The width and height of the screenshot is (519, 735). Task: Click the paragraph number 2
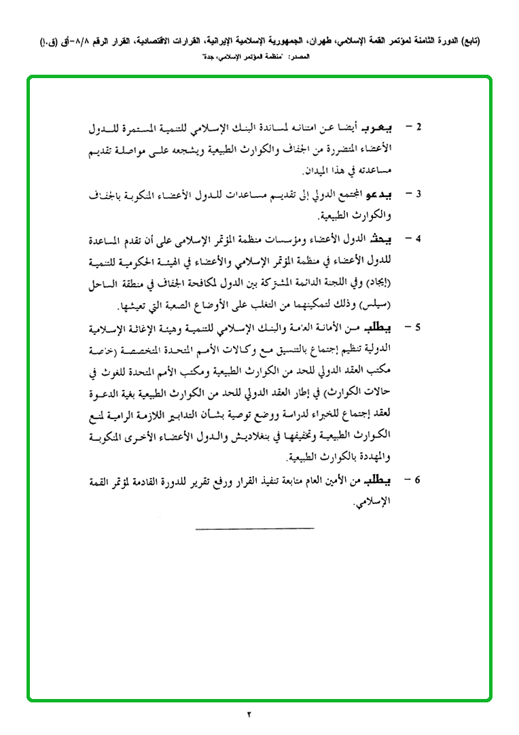tap(418, 128)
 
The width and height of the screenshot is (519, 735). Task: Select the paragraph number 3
tap(418, 194)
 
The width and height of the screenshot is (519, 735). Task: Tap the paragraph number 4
tap(418, 240)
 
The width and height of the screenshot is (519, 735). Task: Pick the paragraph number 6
tap(418, 480)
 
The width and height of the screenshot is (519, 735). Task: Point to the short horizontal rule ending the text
tap(254, 528)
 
